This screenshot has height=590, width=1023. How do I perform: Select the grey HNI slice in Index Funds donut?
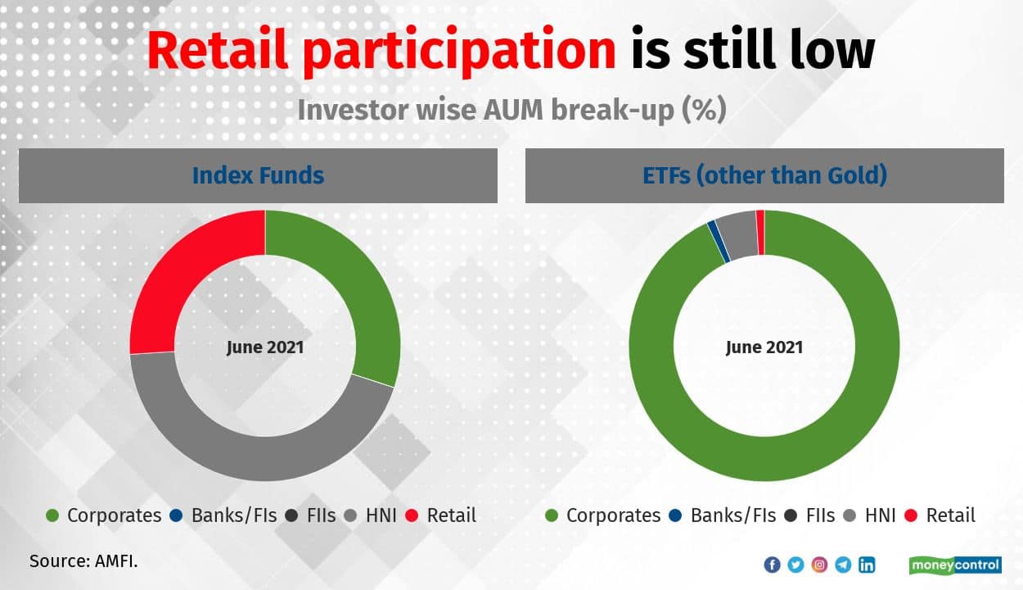(x=255, y=457)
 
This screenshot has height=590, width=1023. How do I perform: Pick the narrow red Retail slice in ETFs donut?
(x=760, y=233)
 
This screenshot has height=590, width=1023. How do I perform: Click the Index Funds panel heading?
(x=258, y=175)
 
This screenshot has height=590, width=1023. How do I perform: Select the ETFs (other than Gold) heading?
(x=765, y=175)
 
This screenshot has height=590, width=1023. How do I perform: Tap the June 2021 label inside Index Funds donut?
(x=265, y=347)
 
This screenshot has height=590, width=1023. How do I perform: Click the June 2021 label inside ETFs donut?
(x=764, y=347)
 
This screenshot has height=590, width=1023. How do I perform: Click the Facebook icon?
(x=773, y=565)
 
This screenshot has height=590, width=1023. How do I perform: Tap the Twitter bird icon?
(x=795, y=565)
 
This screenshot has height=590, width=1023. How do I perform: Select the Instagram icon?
(x=819, y=565)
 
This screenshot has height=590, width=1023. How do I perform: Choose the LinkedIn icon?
(x=867, y=565)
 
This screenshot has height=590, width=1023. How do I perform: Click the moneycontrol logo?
(x=955, y=565)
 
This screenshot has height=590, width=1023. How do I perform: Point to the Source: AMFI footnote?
(x=83, y=561)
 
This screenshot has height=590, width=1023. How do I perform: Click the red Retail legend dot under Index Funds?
(x=412, y=516)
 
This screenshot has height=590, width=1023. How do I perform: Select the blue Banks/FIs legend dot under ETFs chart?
(x=675, y=516)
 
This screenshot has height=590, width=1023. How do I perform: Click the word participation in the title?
(x=460, y=52)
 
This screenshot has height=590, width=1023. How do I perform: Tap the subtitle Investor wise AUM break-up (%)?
(x=512, y=111)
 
